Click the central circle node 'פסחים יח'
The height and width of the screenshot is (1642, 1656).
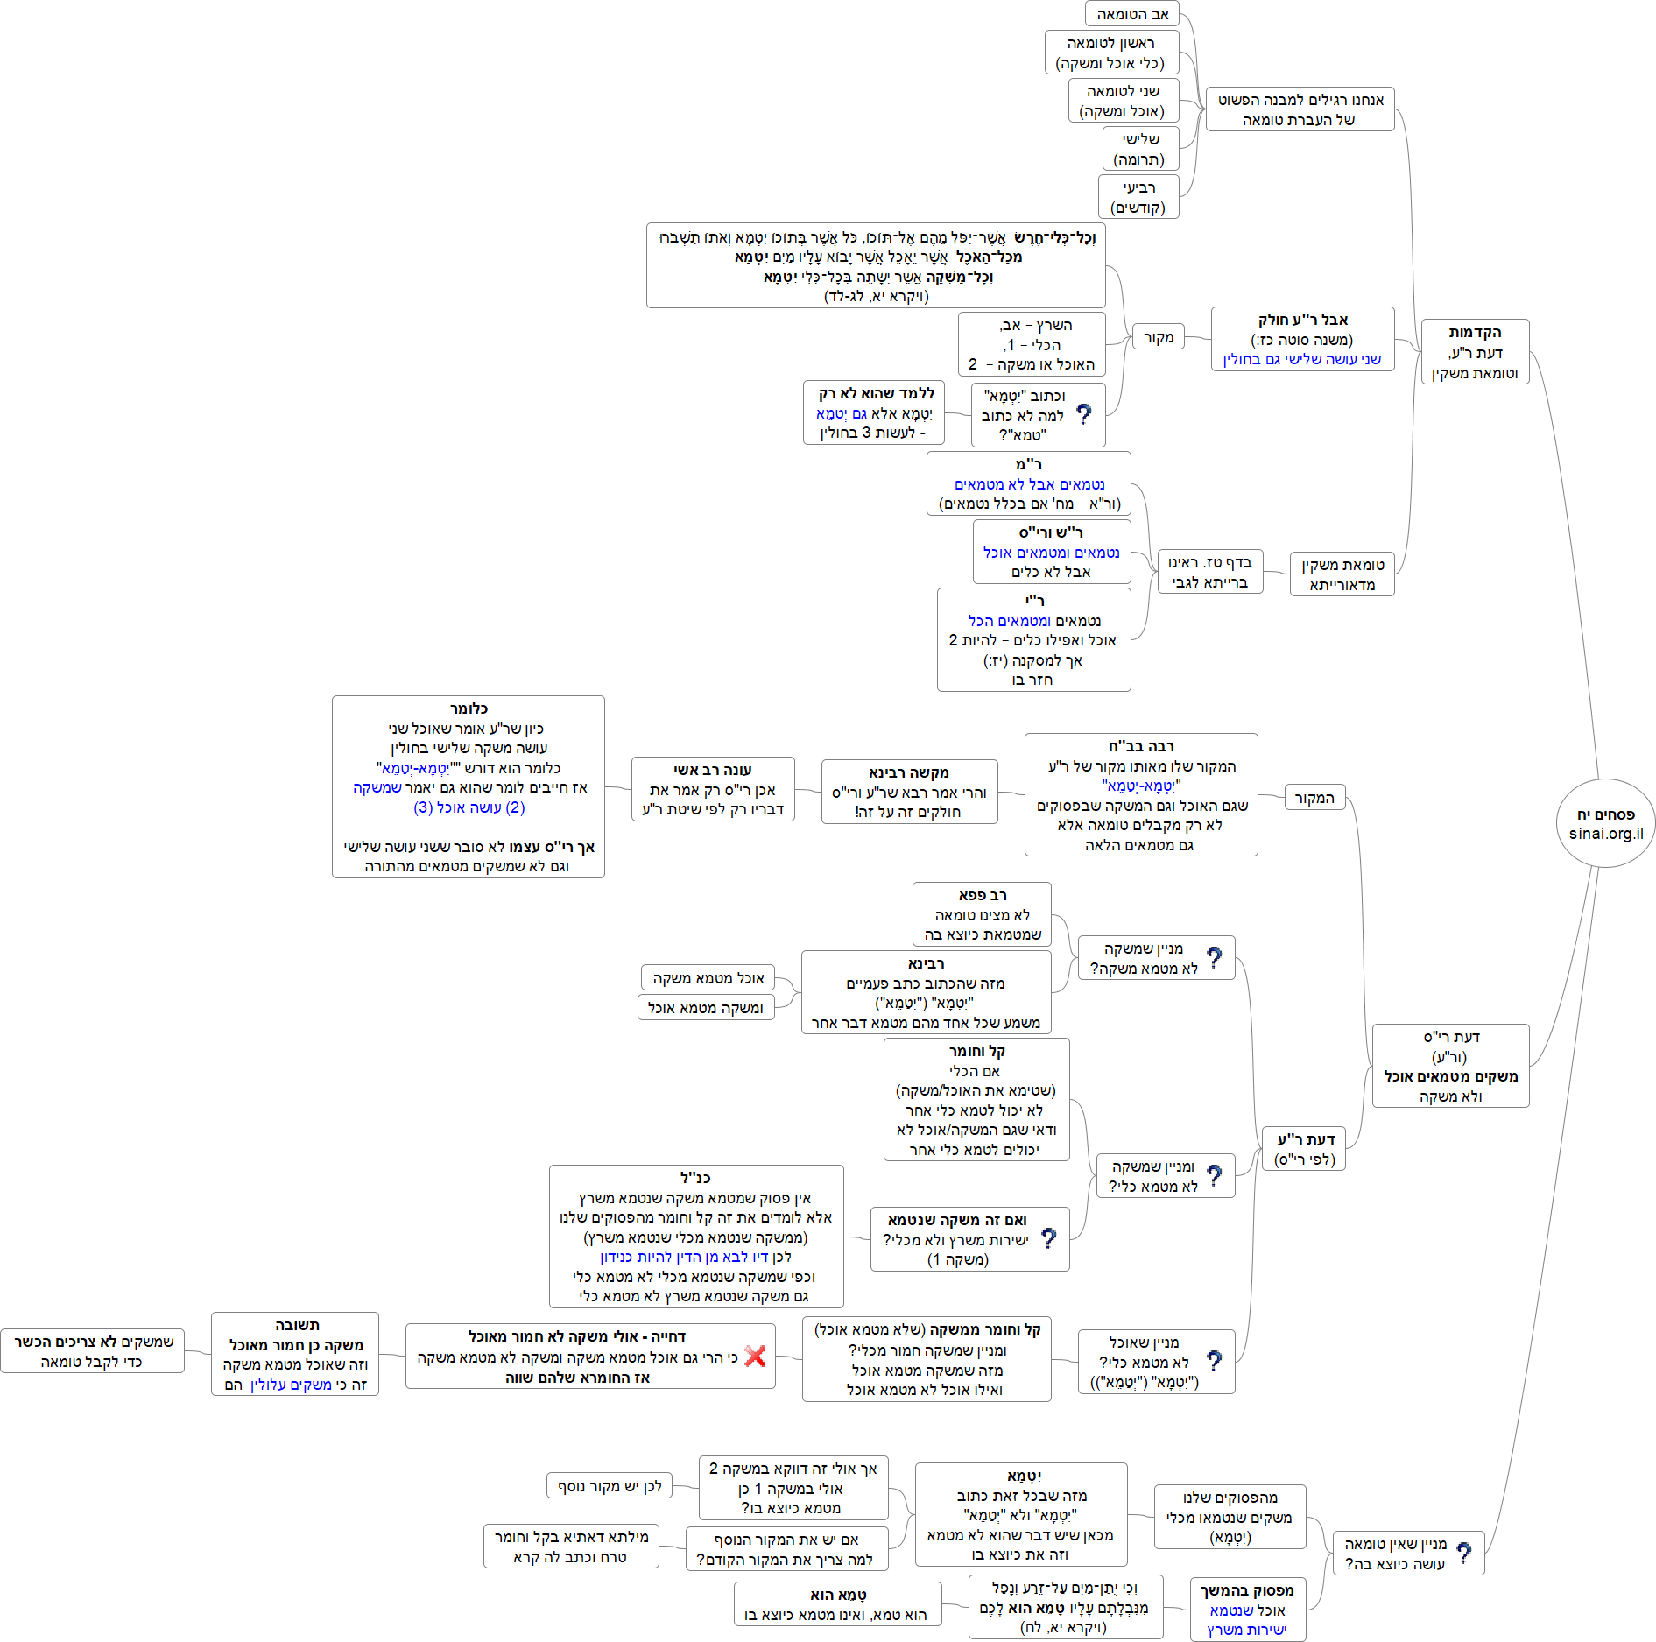(1605, 823)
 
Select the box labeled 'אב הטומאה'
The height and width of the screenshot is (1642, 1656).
(1132, 14)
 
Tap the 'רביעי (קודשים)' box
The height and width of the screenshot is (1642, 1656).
(1138, 197)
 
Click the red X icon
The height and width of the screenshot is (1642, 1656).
(755, 1357)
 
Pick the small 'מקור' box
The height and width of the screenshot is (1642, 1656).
(1158, 337)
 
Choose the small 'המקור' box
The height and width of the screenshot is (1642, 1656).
(1314, 798)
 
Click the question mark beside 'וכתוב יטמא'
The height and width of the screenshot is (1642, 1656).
(1083, 414)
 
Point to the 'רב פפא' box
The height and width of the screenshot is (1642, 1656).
(982, 914)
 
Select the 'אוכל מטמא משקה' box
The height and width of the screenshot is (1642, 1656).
(708, 978)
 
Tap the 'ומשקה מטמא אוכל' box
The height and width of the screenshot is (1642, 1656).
(705, 1008)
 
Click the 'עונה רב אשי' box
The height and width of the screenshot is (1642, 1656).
(712, 789)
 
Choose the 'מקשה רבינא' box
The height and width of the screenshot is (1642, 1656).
(909, 792)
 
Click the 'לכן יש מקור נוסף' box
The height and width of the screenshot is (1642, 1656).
(610, 1486)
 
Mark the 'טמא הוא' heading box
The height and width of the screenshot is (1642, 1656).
(837, 1604)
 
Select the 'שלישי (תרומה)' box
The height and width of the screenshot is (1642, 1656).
(1139, 149)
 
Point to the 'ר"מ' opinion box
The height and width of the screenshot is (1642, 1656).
(1028, 483)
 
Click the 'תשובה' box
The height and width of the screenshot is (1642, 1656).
(295, 1354)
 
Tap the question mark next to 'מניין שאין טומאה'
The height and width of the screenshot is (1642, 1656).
(1463, 1554)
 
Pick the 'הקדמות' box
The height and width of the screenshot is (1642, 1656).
(1475, 352)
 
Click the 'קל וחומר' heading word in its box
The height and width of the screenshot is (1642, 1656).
(976, 1051)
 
